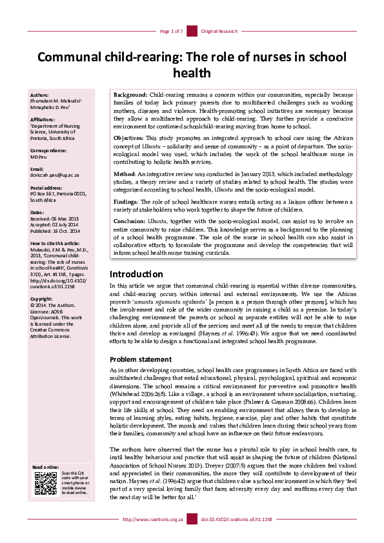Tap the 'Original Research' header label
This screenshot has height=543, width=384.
[219, 31]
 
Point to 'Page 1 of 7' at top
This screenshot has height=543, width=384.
[171, 31]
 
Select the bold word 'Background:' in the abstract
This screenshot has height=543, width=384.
[132, 94]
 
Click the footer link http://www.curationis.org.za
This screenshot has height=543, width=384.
[153, 537]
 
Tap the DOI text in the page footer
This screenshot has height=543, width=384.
[237, 537]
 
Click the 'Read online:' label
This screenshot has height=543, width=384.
[45, 485]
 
